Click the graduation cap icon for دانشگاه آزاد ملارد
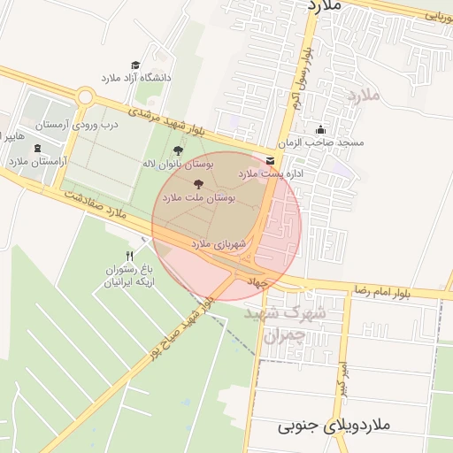point(135,65)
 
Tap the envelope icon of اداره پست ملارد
point(269,160)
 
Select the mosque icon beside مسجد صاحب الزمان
point(320,129)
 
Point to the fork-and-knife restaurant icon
point(131,256)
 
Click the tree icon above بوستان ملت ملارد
point(197,184)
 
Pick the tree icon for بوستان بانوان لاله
point(180,150)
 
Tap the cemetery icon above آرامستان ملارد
point(37,148)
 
